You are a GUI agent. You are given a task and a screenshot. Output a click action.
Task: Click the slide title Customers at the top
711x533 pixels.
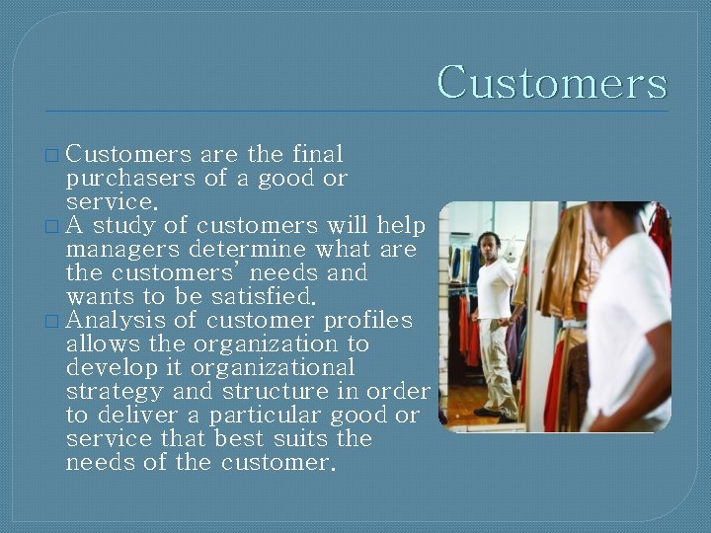(x=551, y=83)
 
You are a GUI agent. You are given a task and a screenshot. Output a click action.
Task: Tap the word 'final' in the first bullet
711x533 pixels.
(x=317, y=155)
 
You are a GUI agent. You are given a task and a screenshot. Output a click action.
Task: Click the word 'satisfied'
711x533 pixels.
(x=261, y=297)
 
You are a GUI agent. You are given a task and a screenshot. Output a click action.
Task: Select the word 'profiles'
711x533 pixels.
(x=368, y=321)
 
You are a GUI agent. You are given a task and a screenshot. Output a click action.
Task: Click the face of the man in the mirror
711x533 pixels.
(x=490, y=244)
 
